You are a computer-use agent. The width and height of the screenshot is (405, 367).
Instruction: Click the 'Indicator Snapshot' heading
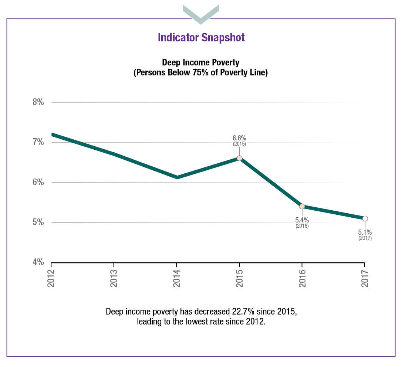coord(201,37)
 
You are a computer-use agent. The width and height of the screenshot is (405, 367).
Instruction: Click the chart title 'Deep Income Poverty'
coord(200,62)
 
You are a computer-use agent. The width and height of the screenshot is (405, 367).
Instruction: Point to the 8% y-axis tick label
coord(38,102)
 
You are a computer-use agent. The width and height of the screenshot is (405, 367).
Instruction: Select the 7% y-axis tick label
coord(38,142)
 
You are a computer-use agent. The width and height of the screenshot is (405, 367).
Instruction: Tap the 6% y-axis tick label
coord(38,182)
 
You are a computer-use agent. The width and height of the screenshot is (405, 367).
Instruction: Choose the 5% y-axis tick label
coord(38,222)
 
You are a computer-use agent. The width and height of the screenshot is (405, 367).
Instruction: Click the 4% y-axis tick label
coord(38,262)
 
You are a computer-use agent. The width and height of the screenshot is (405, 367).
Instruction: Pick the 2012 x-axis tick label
coord(51,278)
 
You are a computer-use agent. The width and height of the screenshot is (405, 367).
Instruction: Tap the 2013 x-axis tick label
coord(114,278)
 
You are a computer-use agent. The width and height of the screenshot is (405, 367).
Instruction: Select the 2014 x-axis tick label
coord(177,278)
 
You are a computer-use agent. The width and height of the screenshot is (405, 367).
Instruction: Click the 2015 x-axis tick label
coord(239,278)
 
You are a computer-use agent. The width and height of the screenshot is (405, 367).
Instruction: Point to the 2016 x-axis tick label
coord(302,278)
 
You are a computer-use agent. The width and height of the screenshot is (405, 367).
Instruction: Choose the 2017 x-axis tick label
coord(365,278)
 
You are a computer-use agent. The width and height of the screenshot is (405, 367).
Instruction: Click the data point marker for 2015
coord(239,158)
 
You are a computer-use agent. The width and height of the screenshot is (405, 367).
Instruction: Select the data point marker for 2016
coord(302,206)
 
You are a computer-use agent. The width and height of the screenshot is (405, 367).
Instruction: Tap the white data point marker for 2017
coord(365,218)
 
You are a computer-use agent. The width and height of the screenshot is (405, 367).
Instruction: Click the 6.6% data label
coord(239,138)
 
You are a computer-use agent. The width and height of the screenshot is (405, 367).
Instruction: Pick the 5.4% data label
coord(302,220)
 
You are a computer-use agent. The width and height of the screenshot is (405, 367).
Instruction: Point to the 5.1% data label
coord(365,232)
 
